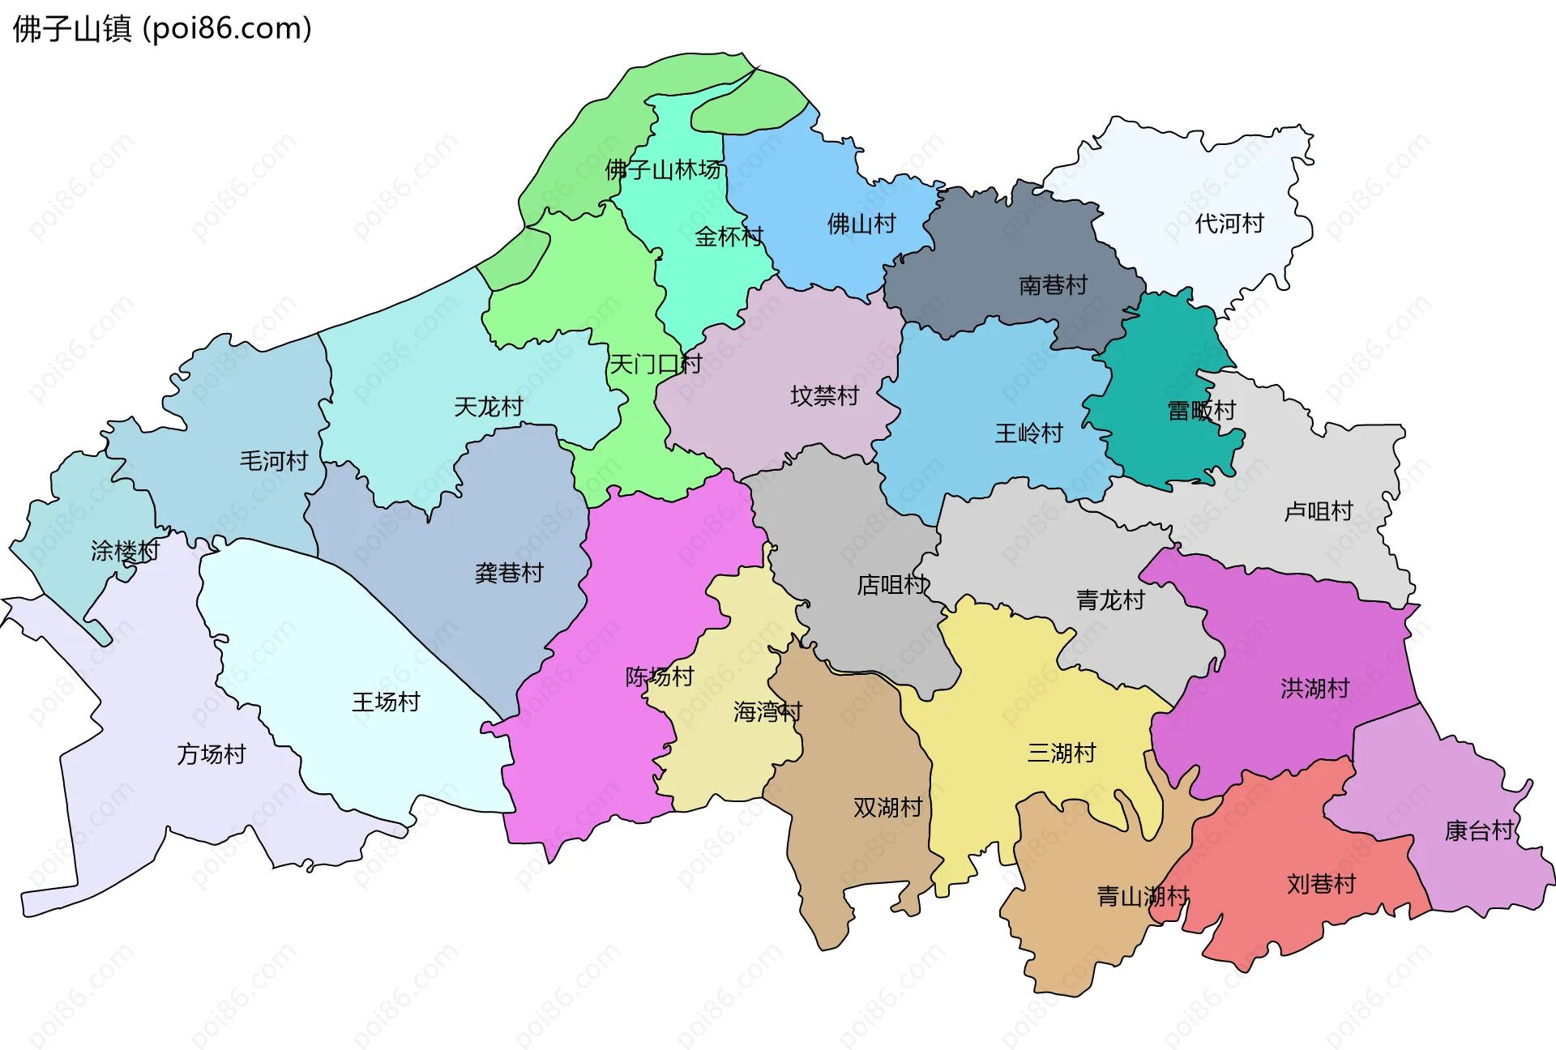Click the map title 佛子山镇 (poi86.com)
(x=162, y=29)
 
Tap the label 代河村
(x=1229, y=224)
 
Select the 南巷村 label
(x=1053, y=285)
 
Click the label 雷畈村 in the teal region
(x=1201, y=411)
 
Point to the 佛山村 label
(x=861, y=224)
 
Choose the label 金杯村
(x=729, y=237)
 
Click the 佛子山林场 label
(x=663, y=170)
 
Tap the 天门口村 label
(x=655, y=364)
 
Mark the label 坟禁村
(x=824, y=396)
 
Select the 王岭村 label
(x=1028, y=433)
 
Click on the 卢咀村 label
(x=1319, y=511)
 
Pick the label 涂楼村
(x=125, y=552)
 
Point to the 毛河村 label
(x=274, y=461)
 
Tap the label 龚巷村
(x=509, y=573)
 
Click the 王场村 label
(x=386, y=702)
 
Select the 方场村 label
(x=212, y=754)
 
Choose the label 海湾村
(x=767, y=712)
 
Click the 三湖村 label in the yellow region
(x=1062, y=753)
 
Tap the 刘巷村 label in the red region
(x=1321, y=884)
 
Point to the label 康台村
(x=1479, y=830)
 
